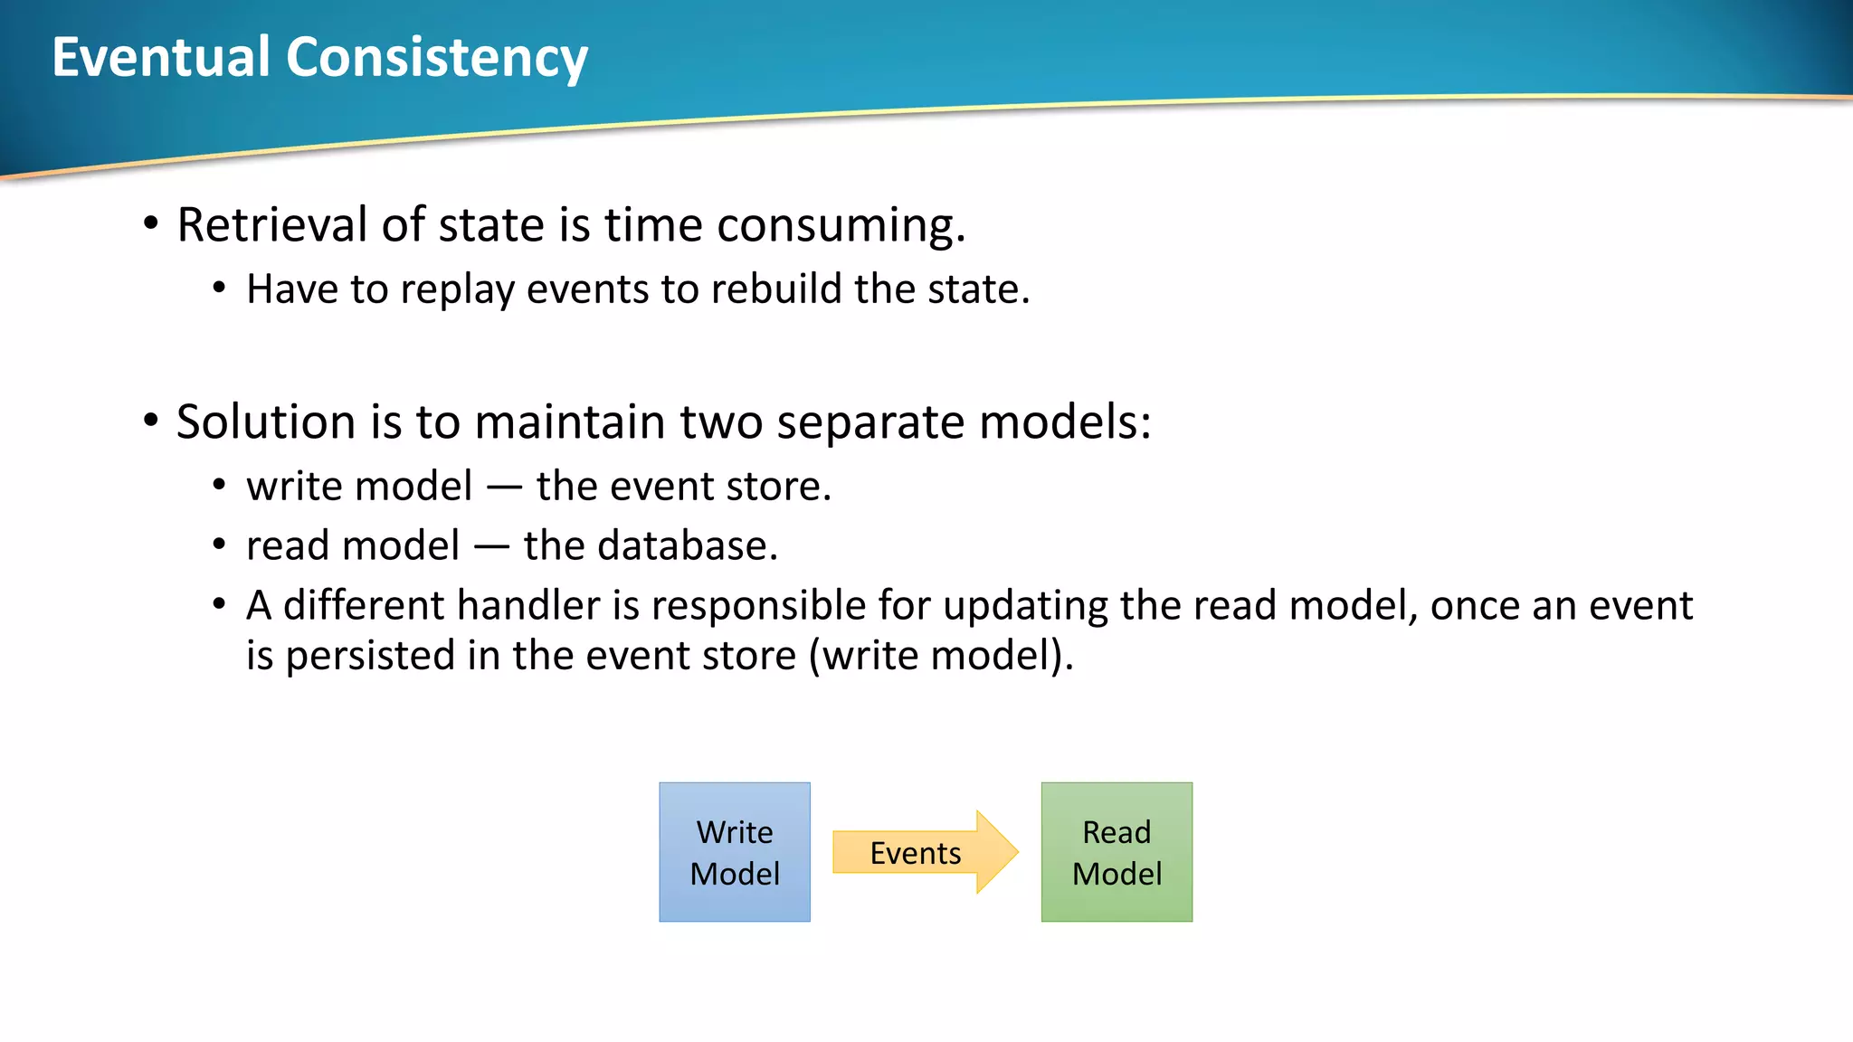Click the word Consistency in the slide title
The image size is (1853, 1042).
[437, 57]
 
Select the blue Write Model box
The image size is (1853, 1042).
[735, 852]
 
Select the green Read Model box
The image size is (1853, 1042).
[1117, 852]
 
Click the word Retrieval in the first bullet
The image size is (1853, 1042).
[271, 224]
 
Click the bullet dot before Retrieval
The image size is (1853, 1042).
[150, 223]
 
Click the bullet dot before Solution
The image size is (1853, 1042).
[150, 420]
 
